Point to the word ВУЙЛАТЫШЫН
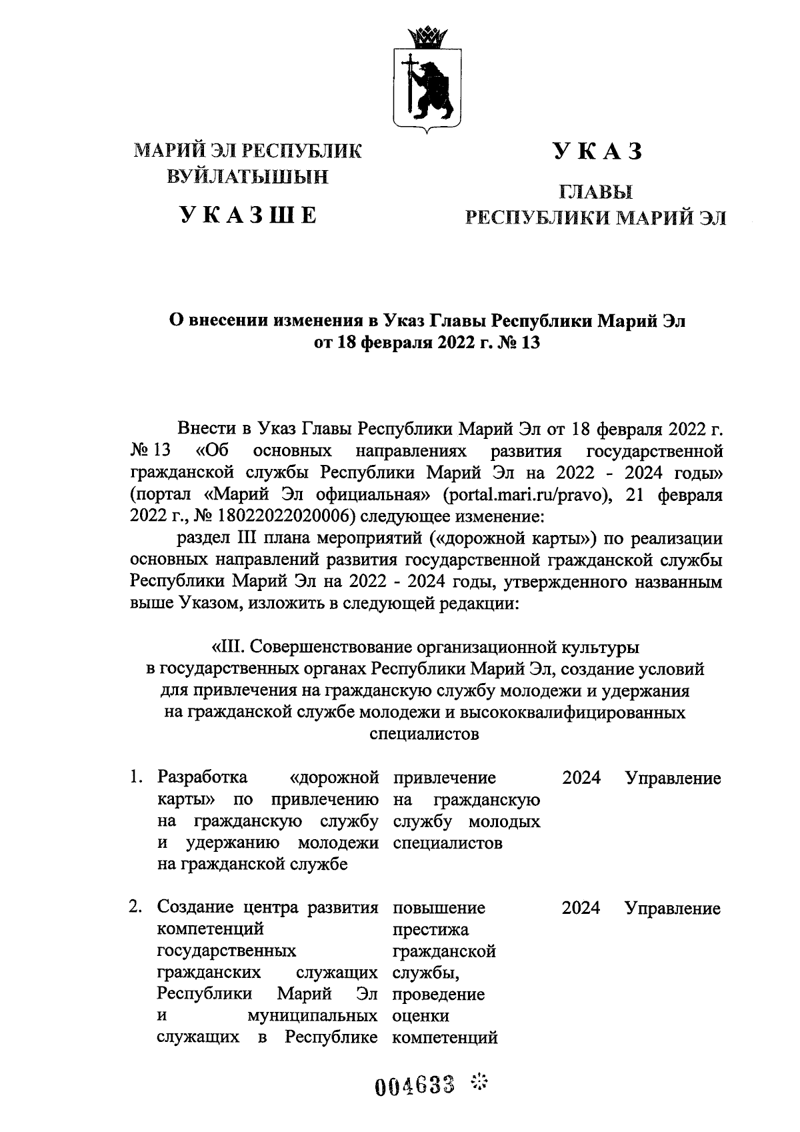pyautogui.click(x=248, y=177)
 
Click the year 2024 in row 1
pyautogui.click(x=581, y=778)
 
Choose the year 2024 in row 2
pyautogui.click(x=581, y=908)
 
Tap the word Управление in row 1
pyautogui.click(x=673, y=778)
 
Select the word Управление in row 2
pyautogui.click(x=673, y=908)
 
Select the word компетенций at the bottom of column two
pyautogui.click(x=445, y=1038)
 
